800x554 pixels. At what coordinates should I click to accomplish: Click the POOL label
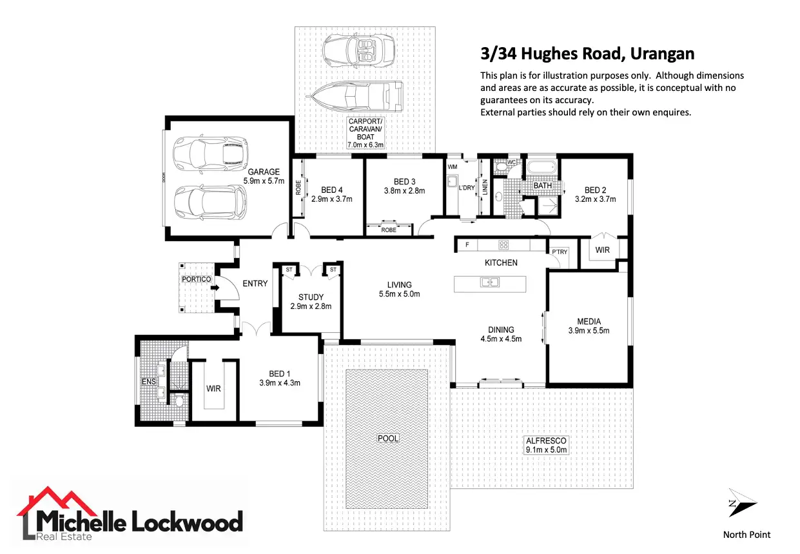388,438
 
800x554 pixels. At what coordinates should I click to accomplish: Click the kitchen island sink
490,282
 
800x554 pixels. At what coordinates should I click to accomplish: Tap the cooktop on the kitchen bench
503,244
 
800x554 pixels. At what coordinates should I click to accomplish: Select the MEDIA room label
589,321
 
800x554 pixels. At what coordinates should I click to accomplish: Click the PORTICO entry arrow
216,288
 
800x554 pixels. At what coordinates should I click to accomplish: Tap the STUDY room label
311,297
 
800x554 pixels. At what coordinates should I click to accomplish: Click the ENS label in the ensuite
148,382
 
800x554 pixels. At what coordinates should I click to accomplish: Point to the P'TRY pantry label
559,252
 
